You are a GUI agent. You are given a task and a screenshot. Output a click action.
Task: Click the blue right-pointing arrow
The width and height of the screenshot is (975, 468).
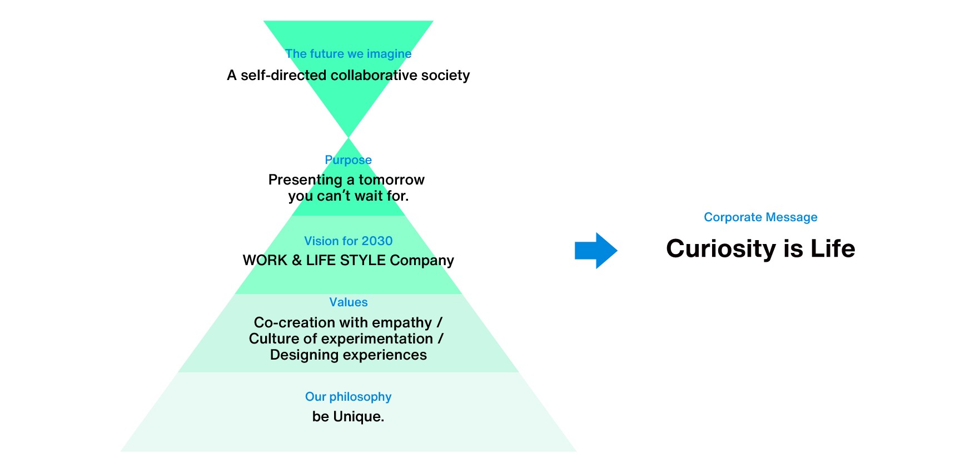coord(595,251)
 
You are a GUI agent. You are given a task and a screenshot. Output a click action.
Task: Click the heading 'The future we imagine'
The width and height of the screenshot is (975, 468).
coord(348,54)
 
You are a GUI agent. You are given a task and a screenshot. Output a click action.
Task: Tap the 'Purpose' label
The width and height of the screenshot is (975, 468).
coord(348,160)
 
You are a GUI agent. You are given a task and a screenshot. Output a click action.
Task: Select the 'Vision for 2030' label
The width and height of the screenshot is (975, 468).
coord(348,241)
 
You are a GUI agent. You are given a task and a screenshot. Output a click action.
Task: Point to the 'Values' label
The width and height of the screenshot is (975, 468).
coord(348,302)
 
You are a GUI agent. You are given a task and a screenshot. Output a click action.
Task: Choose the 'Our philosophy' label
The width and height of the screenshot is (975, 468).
coord(348,397)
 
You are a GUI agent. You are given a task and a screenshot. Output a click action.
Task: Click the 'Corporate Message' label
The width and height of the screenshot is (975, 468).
coord(760,217)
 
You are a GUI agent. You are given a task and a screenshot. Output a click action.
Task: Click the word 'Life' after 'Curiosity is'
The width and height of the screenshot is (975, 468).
coord(833,248)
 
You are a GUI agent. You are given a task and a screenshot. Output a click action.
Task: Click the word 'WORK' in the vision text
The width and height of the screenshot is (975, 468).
coord(265,260)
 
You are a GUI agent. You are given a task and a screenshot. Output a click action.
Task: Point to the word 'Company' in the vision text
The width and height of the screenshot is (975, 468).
coord(422,261)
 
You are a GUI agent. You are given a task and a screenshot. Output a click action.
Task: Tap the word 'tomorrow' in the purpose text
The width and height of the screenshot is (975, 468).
coord(391,180)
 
